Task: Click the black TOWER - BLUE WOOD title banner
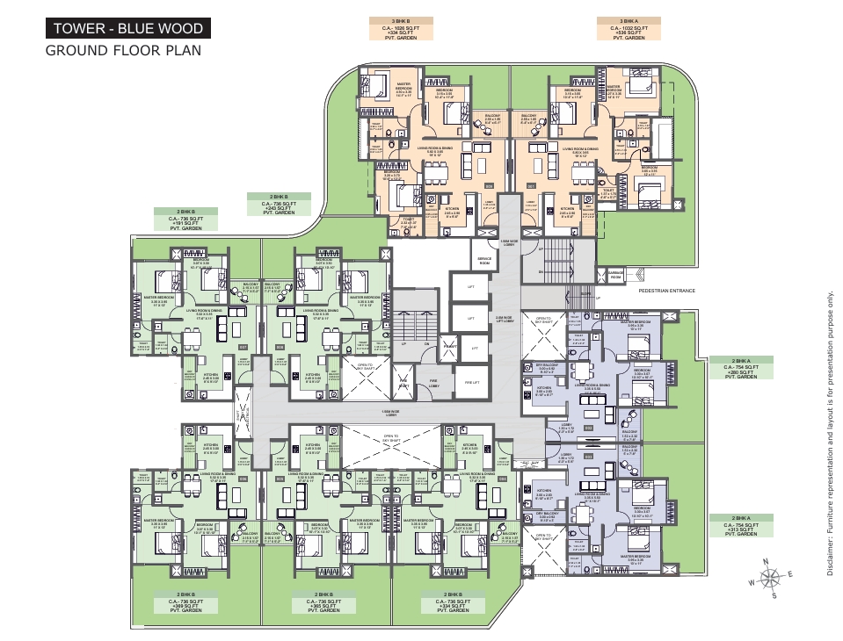tap(128, 29)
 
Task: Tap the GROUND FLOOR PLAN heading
tap(123, 50)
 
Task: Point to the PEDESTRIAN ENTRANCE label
tap(666, 291)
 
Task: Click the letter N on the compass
tap(766, 562)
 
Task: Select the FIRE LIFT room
tap(471, 382)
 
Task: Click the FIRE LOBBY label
tap(434, 385)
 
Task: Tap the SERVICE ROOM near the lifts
tap(484, 261)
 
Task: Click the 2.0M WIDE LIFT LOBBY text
tap(505, 320)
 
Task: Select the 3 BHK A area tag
tap(629, 29)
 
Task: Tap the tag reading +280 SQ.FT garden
tap(741, 368)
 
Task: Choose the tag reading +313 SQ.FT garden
tap(741, 526)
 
